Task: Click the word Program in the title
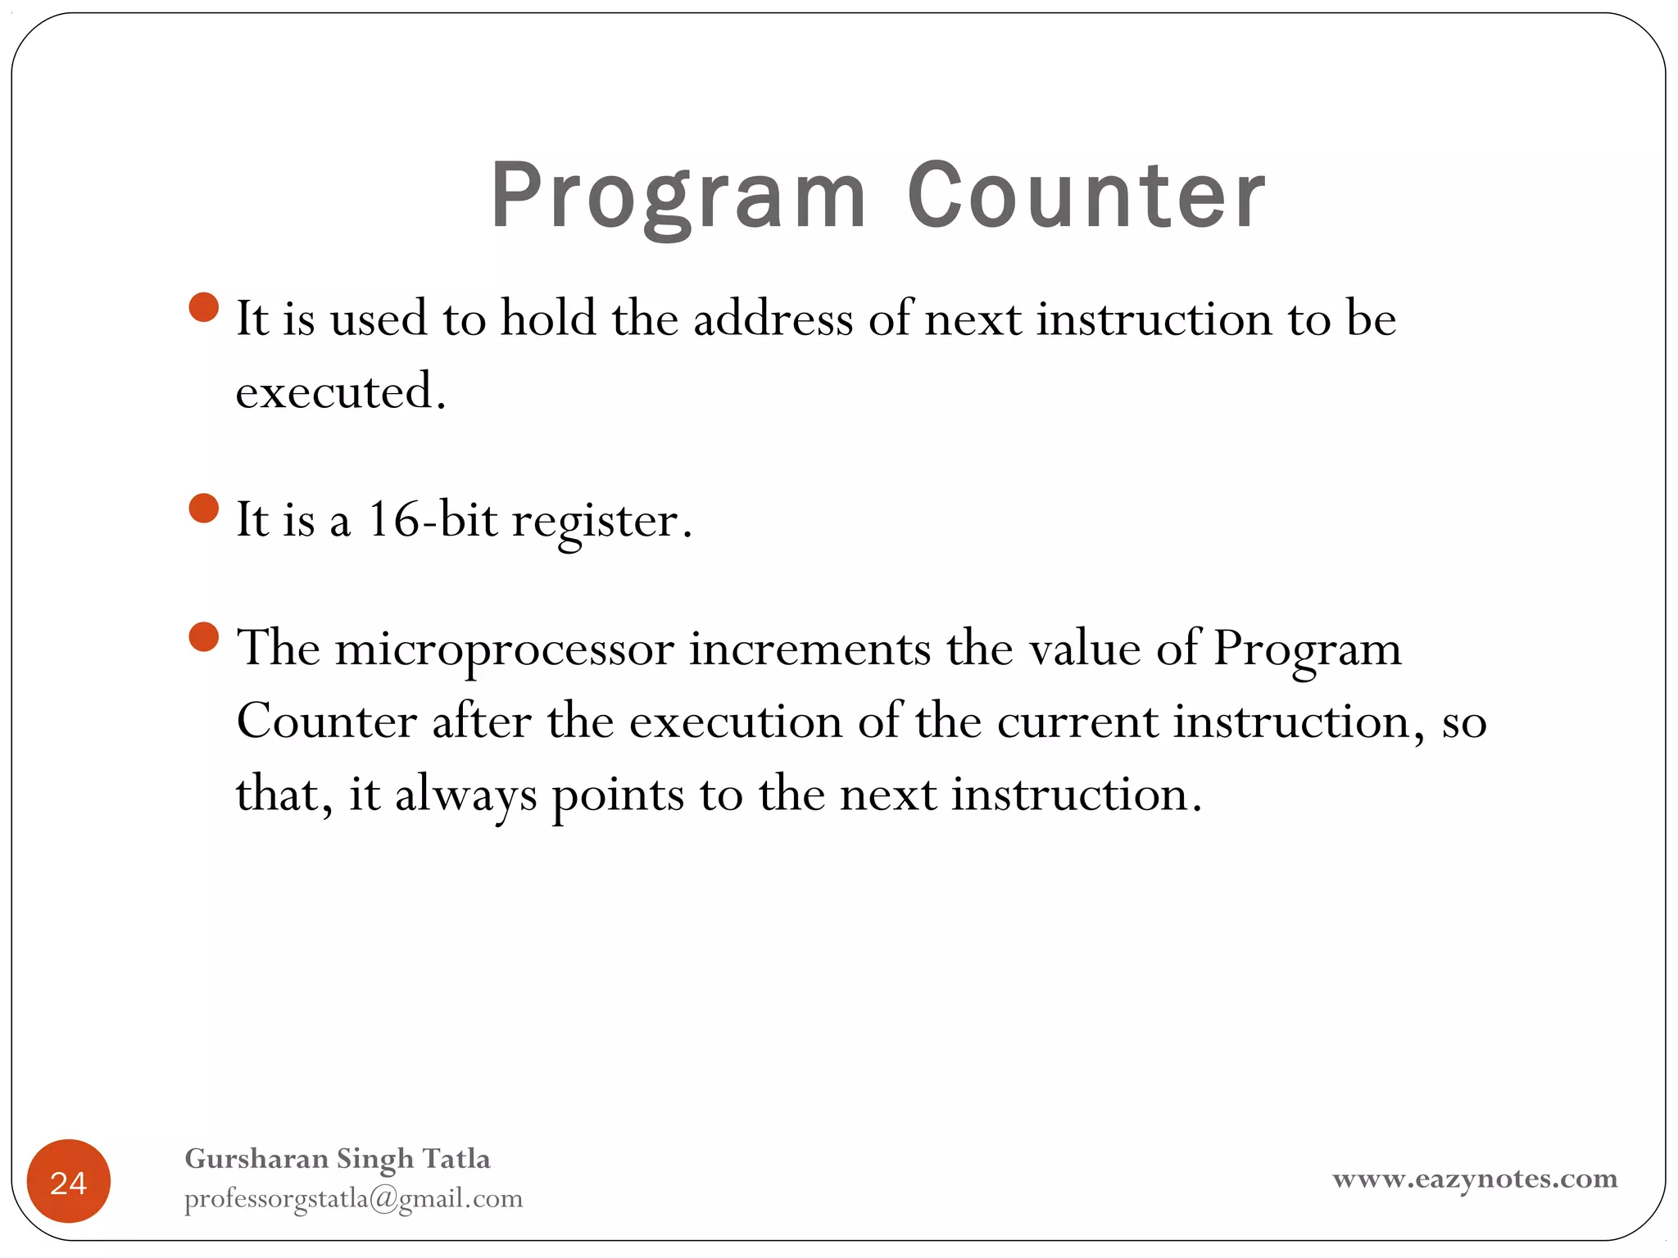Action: (678, 197)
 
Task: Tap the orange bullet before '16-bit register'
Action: (203, 508)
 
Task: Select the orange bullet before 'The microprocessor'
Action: (203, 636)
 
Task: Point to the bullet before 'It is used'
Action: (203, 308)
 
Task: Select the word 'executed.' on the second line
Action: (341, 391)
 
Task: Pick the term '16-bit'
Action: (432, 519)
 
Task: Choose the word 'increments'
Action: (810, 649)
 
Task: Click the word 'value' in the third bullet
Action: (1084, 649)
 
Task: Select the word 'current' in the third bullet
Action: (1077, 722)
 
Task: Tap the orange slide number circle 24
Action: (69, 1181)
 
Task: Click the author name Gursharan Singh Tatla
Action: (338, 1158)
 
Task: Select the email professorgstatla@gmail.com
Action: (353, 1198)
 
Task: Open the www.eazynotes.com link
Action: (1474, 1179)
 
